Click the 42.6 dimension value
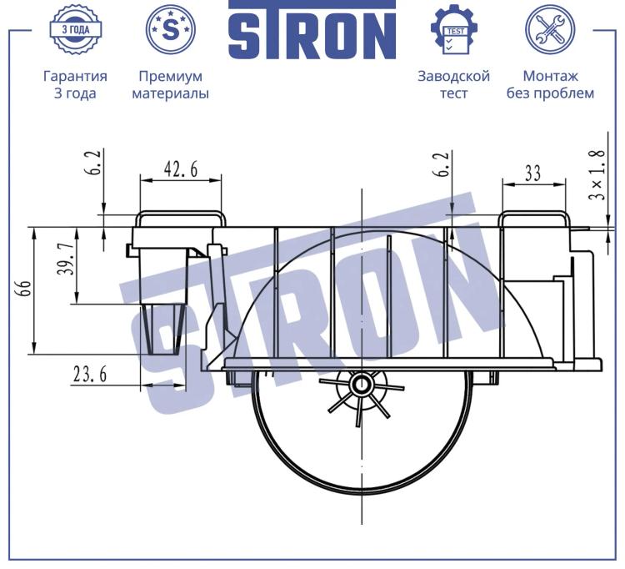tap(181, 169)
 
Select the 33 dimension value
tap(532, 174)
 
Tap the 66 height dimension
tap(25, 290)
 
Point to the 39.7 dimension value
tap(65, 259)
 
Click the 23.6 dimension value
tap(90, 375)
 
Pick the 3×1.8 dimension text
tap(597, 174)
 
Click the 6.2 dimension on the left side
tap(92, 163)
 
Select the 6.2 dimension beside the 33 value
tap(442, 164)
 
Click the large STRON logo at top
tap(312, 30)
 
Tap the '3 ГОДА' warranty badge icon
tap(75, 29)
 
